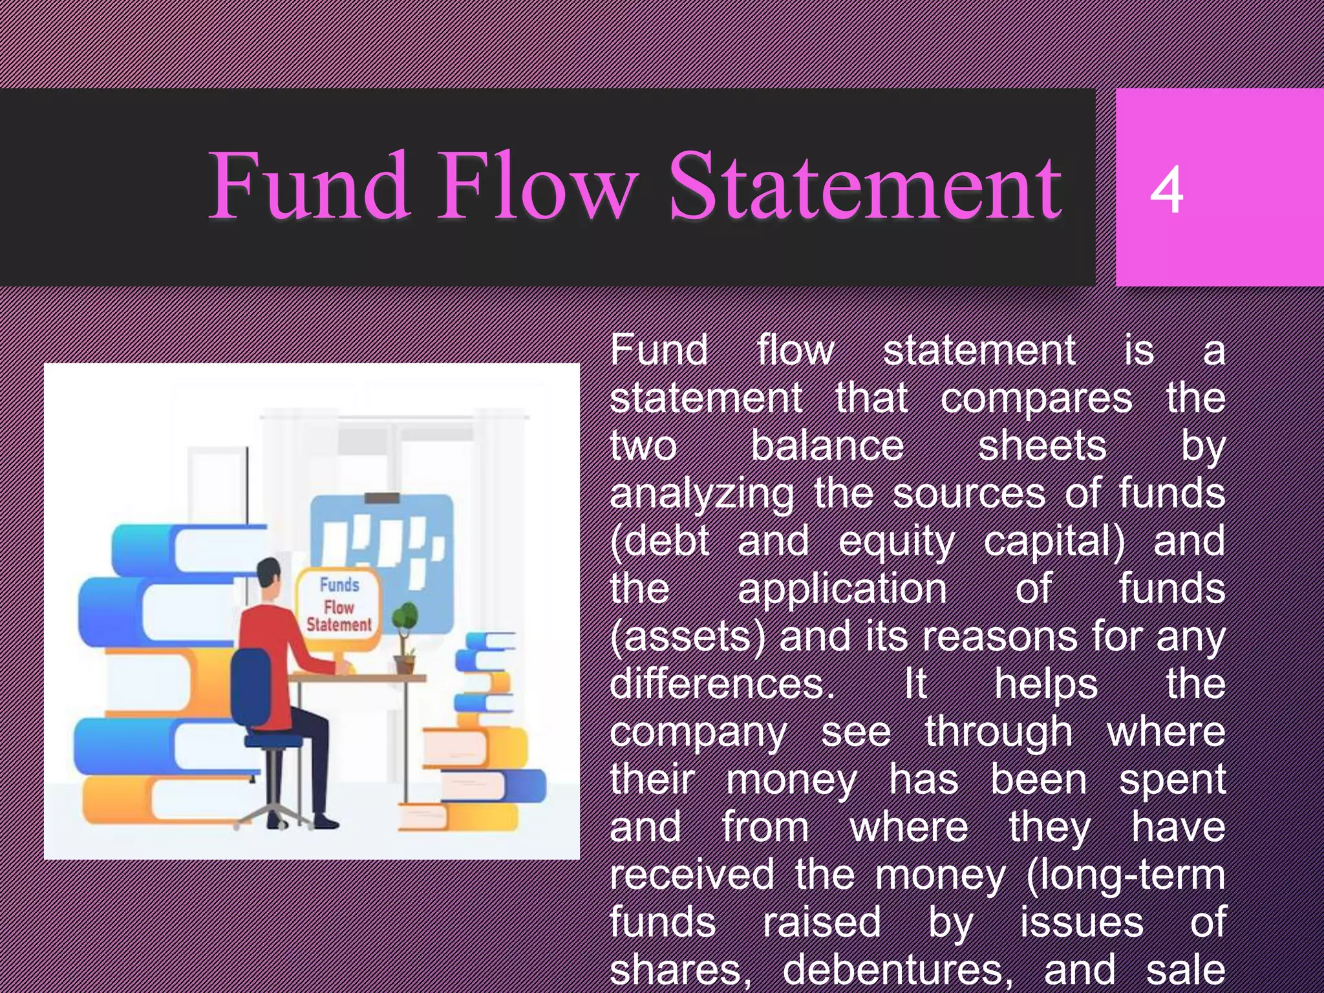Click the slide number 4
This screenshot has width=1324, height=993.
click(x=1166, y=189)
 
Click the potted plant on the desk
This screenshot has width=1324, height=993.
click(x=405, y=637)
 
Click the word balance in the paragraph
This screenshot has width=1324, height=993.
click(x=827, y=446)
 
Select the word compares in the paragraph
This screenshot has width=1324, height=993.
click(x=1036, y=399)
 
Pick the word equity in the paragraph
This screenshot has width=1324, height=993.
click(x=896, y=542)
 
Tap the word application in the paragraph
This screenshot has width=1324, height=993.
click(x=842, y=589)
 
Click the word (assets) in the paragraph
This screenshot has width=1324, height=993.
click(x=687, y=637)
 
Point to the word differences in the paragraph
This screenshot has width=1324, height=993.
click(x=721, y=684)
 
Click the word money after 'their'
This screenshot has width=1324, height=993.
click(x=792, y=780)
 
